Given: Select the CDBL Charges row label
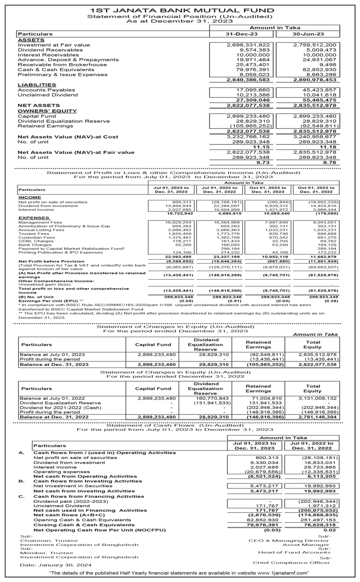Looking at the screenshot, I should click(32, 241).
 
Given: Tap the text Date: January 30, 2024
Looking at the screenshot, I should click(56, 564).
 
